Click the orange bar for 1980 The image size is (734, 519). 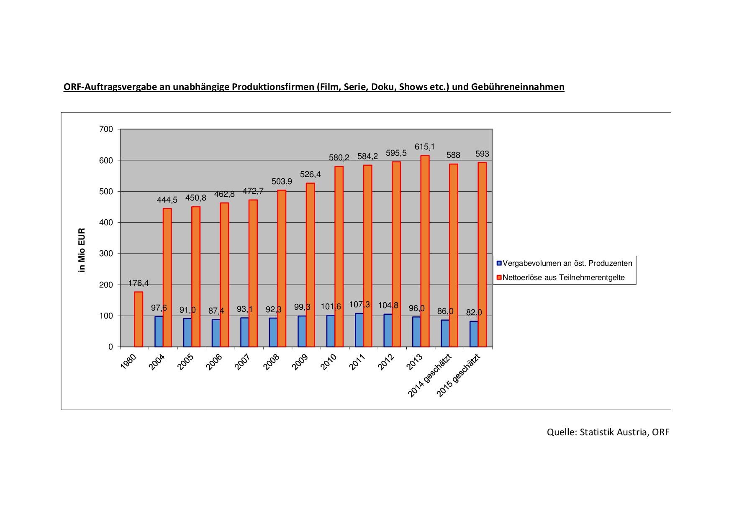(139, 319)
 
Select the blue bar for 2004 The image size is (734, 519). (159, 331)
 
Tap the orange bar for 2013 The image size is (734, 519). (425, 251)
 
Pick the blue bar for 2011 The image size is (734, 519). (359, 330)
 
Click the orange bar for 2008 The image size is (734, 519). (282, 268)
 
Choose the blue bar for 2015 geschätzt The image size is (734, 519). (474, 334)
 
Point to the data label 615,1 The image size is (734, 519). (425, 147)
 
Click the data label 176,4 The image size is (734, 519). (139, 283)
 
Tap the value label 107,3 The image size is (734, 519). (359, 305)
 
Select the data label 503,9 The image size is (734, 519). (282, 182)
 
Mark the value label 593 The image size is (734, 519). (482, 154)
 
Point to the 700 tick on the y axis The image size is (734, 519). (106, 129)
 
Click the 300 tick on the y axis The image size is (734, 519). (106, 254)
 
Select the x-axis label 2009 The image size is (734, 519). (300, 362)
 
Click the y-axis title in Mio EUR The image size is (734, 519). (82, 250)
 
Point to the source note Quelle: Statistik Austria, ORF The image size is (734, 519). (608, 432)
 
